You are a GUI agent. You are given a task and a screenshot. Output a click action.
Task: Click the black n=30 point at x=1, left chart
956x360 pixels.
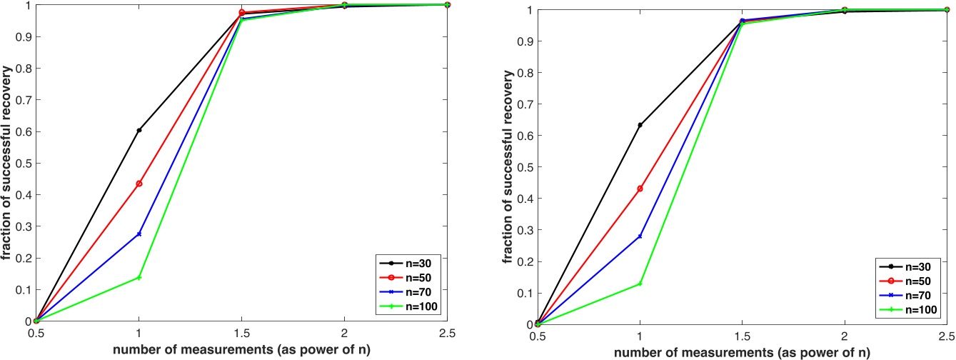(139, 130)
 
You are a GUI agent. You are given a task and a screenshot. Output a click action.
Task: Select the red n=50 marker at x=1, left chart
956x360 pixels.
(139, 184)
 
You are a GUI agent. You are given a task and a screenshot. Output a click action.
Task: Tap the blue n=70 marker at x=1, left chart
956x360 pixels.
(139, 234)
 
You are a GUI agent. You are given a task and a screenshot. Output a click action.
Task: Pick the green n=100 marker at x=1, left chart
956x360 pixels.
(139, 277)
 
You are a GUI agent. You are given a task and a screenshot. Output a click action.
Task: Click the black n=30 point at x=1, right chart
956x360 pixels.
(640, 125)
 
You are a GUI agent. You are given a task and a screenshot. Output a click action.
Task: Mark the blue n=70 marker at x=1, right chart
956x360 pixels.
(640, 236)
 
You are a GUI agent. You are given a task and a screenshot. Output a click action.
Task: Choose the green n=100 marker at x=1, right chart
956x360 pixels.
(640, 284)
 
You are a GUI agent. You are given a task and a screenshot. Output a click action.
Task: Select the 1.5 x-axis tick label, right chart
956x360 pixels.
(743, 336)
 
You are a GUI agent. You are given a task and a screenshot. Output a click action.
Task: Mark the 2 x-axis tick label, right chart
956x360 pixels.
(845, 336)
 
